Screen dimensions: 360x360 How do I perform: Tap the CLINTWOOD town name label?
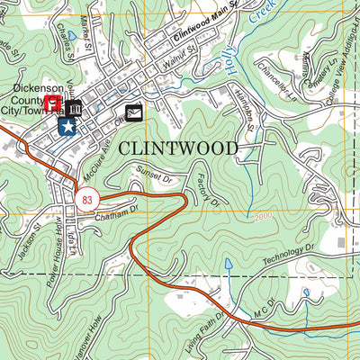(179, 148)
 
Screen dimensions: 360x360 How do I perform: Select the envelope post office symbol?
(134, 112)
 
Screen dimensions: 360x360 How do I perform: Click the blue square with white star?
(67, 127)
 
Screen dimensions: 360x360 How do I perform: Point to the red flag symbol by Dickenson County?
(53, 104)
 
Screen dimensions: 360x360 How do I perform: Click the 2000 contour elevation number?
(263, 217)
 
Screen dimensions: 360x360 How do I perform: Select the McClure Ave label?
(100, 156)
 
